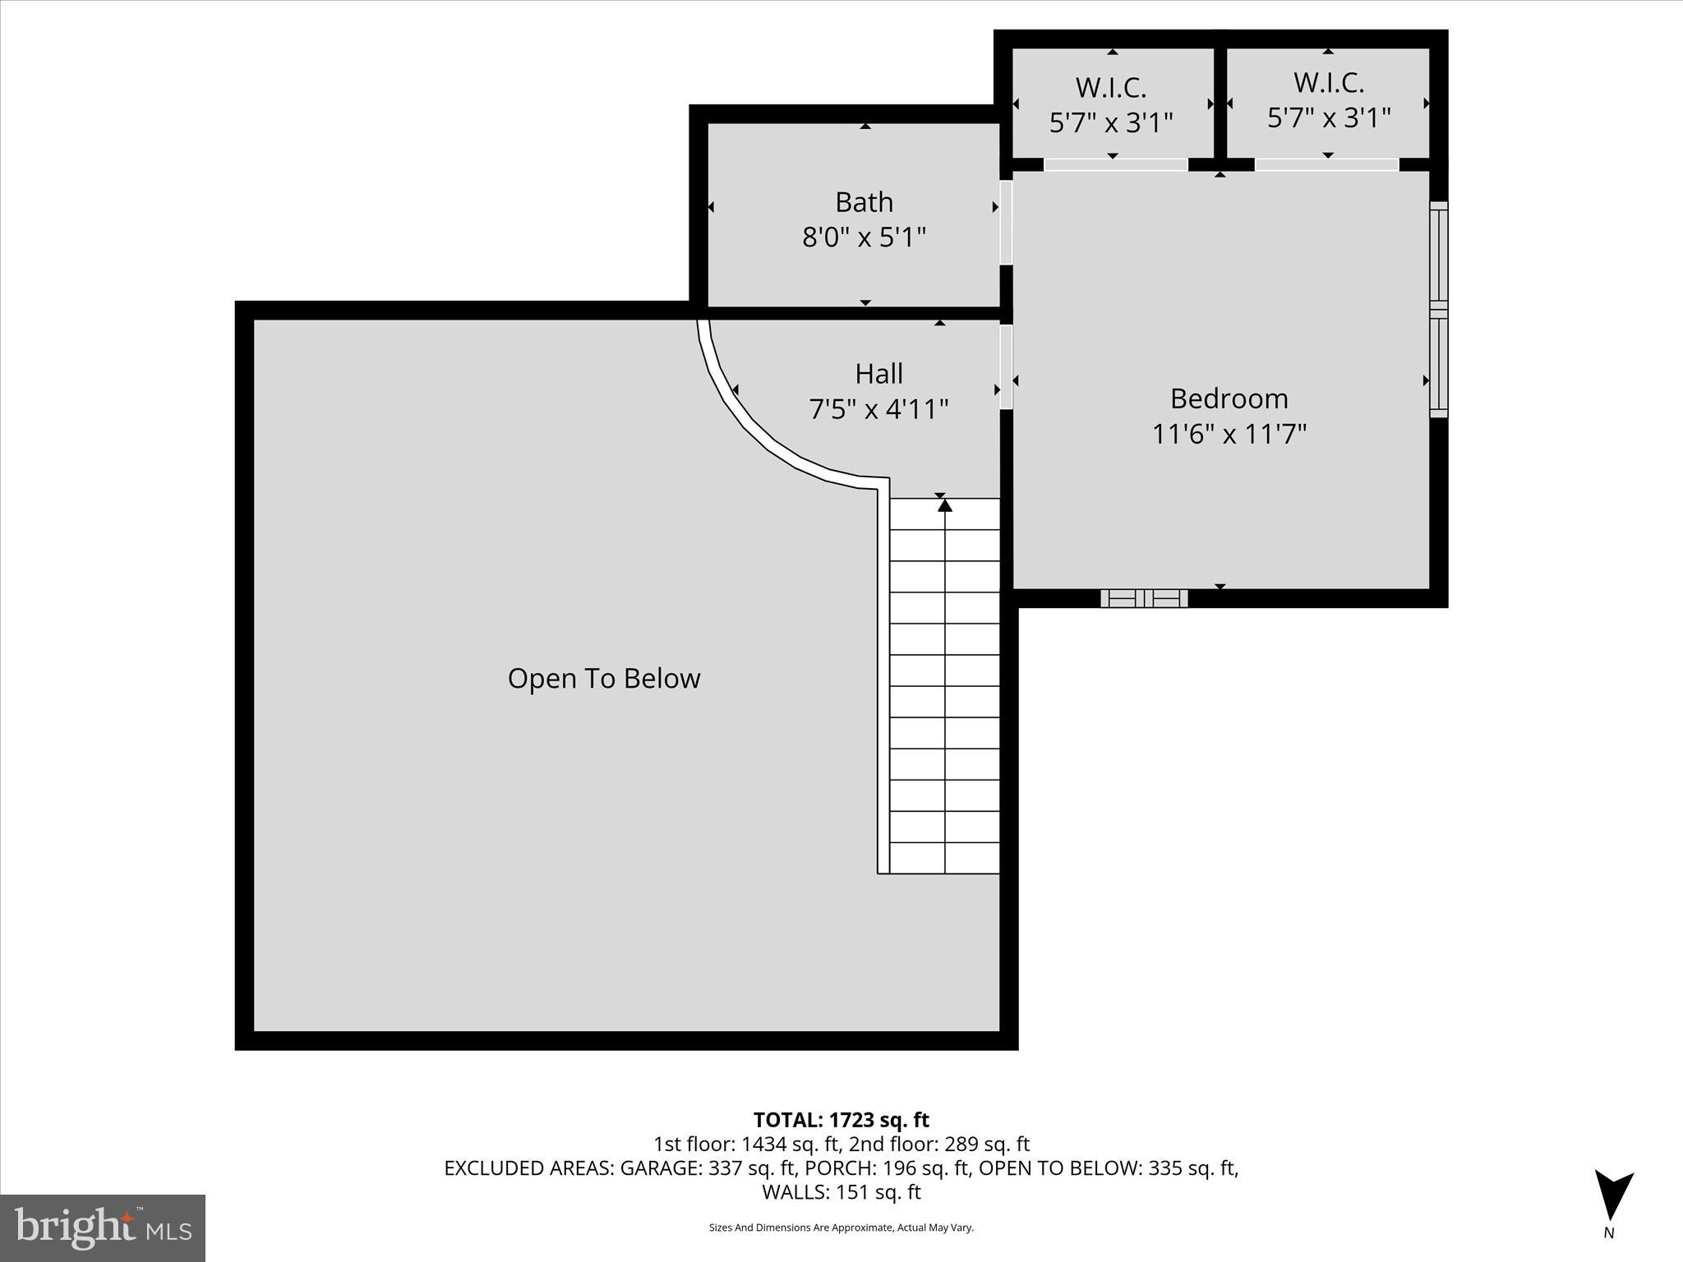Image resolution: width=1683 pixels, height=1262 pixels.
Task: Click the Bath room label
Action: click(x=864, y=202)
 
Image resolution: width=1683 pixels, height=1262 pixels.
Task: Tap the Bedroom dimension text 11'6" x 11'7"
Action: click(x=1229, y=434)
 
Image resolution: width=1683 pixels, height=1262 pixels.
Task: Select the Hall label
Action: click(x=878, y=374)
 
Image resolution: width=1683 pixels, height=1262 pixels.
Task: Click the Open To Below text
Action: click(x=604, y=679)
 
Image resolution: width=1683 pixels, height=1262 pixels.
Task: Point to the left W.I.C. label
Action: click(x=1110, y=87)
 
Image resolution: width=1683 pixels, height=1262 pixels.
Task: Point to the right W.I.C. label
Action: click(x=1328, y=83)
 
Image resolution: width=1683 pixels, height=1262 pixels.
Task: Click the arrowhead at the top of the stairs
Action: click(x=945, y=505)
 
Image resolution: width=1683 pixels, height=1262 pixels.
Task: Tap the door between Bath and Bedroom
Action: click(x=1006, y=223)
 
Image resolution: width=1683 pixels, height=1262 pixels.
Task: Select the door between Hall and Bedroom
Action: click(x=1006, y=367)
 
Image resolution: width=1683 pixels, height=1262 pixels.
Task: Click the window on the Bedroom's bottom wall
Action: click(x=1144, y=598)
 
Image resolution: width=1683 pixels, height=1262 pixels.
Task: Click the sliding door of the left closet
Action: click(x=1115, y=165)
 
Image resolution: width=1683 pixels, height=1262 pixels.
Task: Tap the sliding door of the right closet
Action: click(x=1326, y=165)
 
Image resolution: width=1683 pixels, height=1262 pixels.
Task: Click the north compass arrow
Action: click(x=1613, y=1196)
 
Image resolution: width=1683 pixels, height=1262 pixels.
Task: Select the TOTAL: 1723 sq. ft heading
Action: click(x=841, y=1120)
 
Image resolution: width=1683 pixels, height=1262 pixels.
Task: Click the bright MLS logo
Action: click(x=103, y=1228)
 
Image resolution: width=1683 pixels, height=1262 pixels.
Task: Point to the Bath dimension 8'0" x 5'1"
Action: click(x=864, y=238)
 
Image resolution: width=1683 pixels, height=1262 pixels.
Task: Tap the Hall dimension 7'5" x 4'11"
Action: click(x=878, y=409)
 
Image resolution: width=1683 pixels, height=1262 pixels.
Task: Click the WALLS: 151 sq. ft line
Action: click(x=841, y=1191)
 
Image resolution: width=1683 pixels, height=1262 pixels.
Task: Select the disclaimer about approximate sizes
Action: click(x=841, y=1227)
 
